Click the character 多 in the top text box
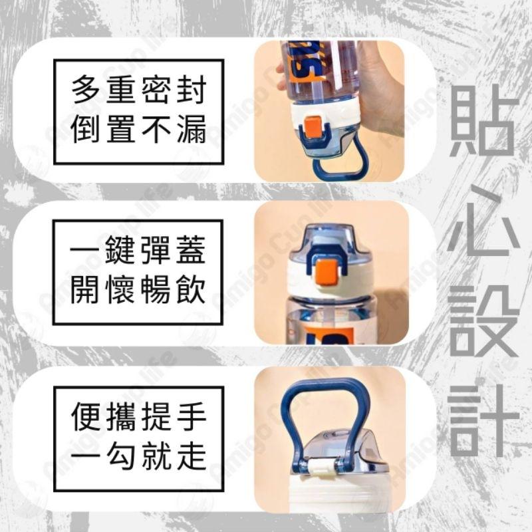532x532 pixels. (x=86, y=90)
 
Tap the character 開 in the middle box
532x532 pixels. (x=86, y=290)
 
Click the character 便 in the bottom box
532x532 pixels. (x=86, y=416)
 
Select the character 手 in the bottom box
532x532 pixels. (x=191, y=416)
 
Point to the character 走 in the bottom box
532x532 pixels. (x=191, y=456)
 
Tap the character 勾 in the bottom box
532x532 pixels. (x=121, y=456)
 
